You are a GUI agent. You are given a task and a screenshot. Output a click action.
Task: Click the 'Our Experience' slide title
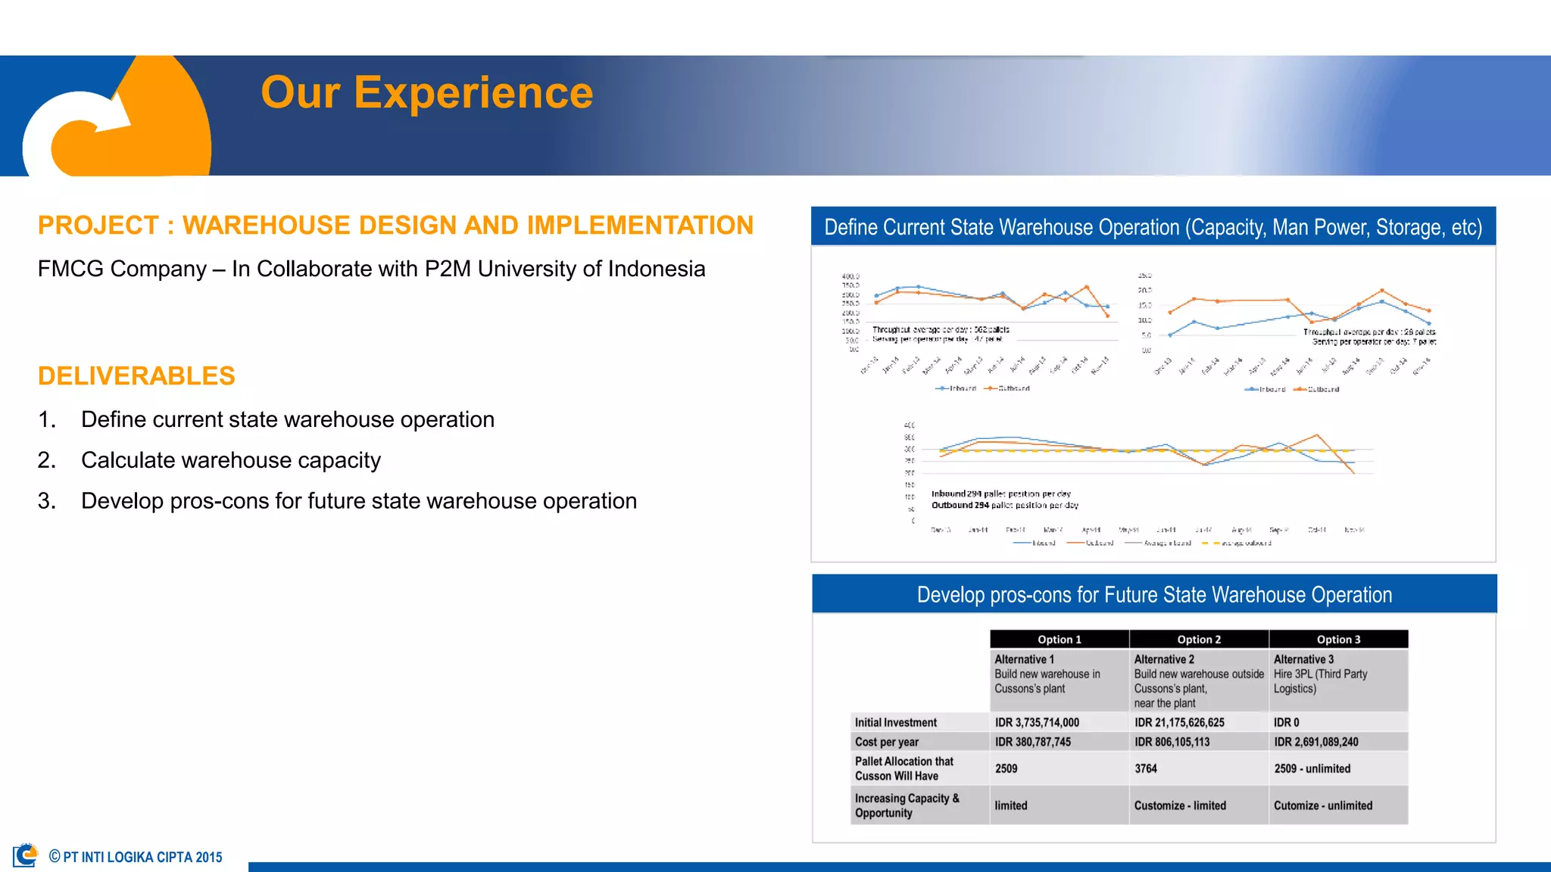[x=426, y=93]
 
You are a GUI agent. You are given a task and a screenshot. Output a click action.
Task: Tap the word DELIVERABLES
[x=136, y=376]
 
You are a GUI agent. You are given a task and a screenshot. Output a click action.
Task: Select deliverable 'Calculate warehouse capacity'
[x=230, y=460]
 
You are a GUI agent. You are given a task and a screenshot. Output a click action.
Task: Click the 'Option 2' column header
[x=1198, y=640]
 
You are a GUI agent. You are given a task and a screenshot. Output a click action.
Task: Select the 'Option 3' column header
[x=1338, y=640]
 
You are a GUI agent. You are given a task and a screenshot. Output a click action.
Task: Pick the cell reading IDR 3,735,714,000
[x=1037, y=723]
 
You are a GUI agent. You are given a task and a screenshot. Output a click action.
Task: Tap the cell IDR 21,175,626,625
[x=1179, y=723]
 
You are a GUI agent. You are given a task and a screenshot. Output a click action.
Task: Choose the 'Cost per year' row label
[x=886, y=743]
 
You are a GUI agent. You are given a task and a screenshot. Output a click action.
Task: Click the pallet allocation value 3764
[x=1145, y=769]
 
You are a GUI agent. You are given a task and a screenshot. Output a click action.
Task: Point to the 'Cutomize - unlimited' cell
[x=1322, y=806]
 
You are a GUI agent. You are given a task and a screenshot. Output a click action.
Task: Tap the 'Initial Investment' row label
[x=895, y=723]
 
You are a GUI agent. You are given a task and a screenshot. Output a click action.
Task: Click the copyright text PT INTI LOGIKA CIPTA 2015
[x=142, y=858]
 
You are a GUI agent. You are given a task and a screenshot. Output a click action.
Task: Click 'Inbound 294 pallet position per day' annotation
[x=1000, y=494]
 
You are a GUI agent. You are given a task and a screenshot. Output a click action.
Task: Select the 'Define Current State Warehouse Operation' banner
[x=1153, y=227]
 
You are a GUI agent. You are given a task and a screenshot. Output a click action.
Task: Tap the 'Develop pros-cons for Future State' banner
[x=1154, y=595]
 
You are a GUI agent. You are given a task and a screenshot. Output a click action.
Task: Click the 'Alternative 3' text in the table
[x=1303, y=660]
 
